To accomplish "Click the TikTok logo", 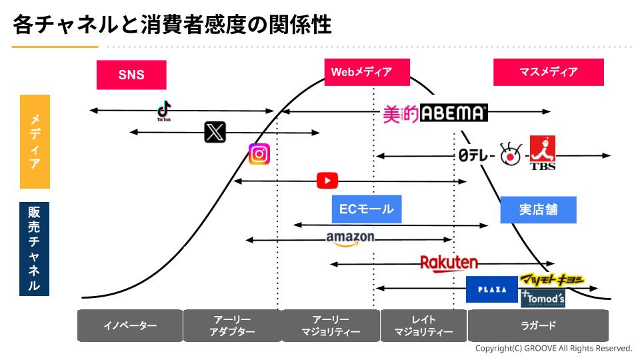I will coord(164,111).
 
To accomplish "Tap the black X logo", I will coord(215,133).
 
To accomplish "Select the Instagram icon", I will coord(259,154).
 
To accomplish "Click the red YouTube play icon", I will coord(327,181).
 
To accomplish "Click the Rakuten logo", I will coord(449,263).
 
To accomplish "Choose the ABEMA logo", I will coord(454,113).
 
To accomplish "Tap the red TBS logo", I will coord(542,153).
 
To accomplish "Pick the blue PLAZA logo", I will coord(492,289).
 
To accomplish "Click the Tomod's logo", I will coord(543,299).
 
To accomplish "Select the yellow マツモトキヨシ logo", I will coord(552,280).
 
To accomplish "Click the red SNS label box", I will coord(131,75).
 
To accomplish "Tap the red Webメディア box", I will coord(367,72).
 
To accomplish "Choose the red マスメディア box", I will coord(548,72).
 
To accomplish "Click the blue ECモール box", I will coord(367,209).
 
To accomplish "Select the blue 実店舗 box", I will coord(538,209).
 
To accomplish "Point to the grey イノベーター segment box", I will coord(130,325).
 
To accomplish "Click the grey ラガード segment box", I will coord(538,325).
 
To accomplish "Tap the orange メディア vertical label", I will coord(35,141).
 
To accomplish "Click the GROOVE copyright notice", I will coord(553,349).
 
